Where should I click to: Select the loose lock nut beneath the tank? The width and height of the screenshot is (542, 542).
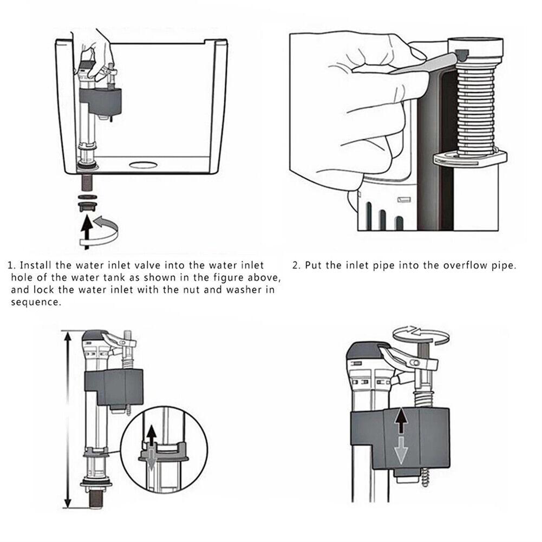click(x=86, y=205)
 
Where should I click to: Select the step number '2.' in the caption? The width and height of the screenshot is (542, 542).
click(x=296, y=266)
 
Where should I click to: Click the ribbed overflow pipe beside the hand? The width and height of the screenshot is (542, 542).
click(x=475, y=106)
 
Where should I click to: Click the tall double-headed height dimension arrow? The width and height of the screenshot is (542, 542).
click(x=67, y=419)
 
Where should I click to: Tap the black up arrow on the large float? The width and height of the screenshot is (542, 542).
click(x=401, y=420)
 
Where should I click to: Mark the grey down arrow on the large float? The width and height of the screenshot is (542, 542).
click(x=400, y=450)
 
